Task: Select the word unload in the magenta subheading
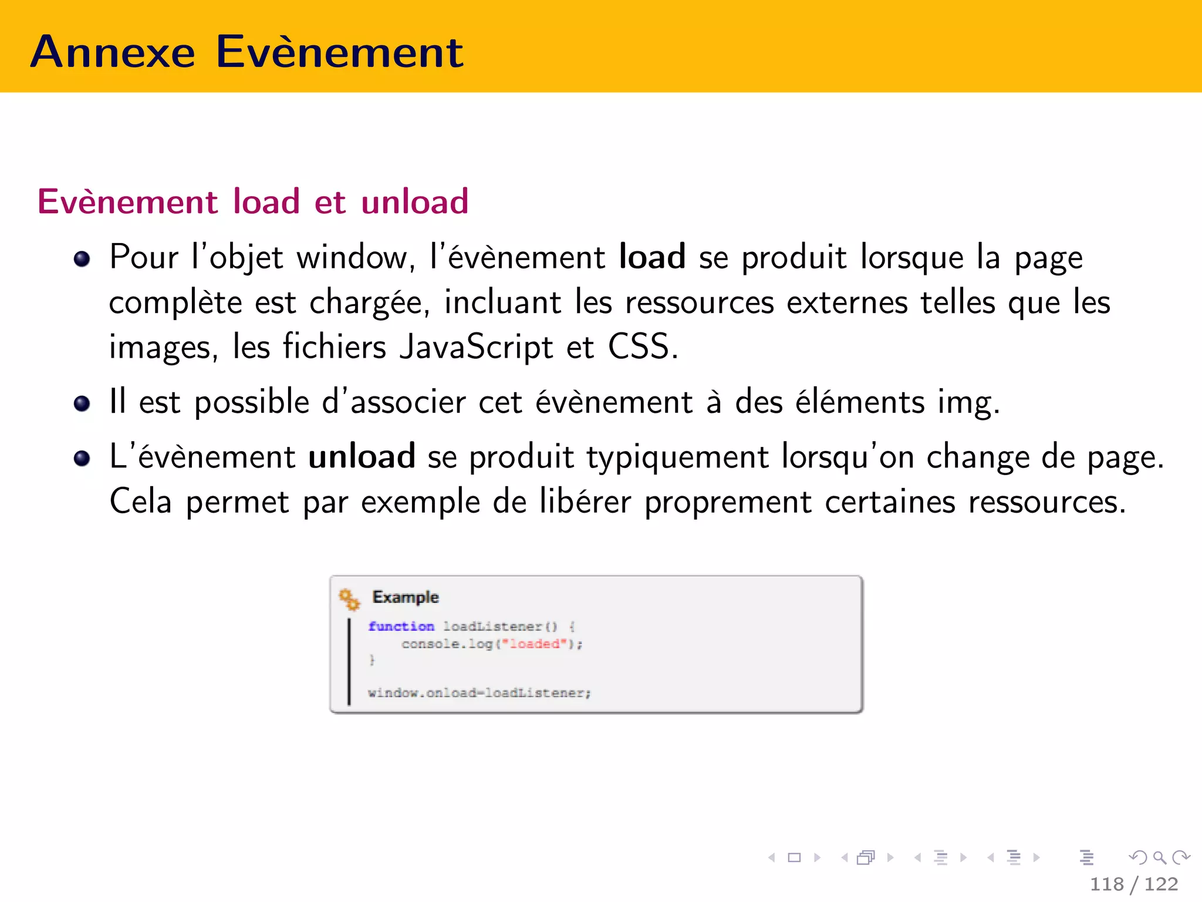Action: click(414, 201)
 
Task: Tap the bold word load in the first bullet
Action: click(652, 257)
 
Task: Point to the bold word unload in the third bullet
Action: click(362, 456)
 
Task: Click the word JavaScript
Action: click(476, 346)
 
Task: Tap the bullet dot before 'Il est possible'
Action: click(82, 403)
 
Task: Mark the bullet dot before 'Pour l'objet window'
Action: click(82, 258)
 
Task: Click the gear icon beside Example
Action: click(350, 599)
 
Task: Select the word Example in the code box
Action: click(406, 597)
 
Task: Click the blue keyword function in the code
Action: click(401, 627)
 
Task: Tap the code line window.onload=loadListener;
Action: click(479, 693)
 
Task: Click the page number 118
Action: click(1107, 884)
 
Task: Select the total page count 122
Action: click(1161, 884)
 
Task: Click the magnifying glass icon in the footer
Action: click(1159, 857)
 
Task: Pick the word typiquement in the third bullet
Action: click(678, 457)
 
